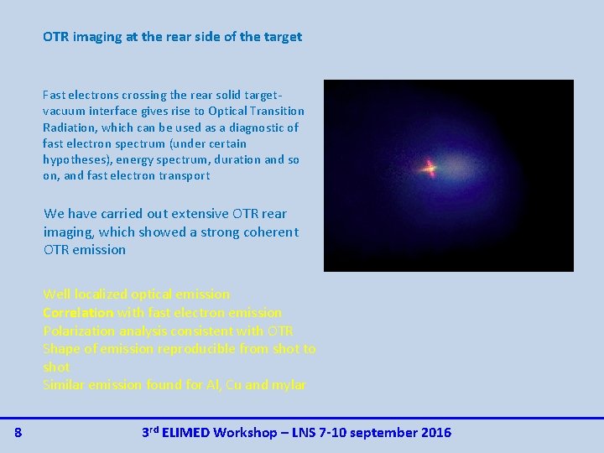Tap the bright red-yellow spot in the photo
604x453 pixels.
430,169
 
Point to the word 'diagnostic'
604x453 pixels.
249,128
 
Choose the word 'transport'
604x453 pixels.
185,175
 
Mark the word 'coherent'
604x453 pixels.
269,232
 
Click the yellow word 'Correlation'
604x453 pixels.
78,312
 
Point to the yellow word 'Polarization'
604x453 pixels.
80,331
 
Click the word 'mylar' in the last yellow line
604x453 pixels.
288,385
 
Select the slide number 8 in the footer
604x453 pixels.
18,433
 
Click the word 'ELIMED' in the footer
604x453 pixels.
186,433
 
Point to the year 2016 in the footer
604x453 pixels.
435,433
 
